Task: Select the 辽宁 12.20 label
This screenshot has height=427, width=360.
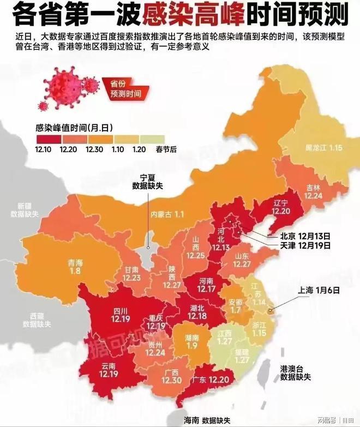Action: point(281,206)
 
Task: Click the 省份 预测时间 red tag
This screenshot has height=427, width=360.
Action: point(125,89)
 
